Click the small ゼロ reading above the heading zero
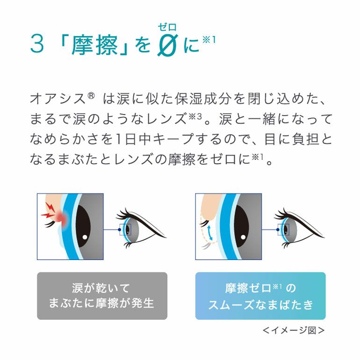click(x=167, y=27)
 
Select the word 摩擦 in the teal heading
click(x=94, y=45)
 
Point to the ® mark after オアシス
click(x=91, y=95)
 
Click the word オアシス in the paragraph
click(x=58, y=99)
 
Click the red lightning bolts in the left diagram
click(x=48, y=210)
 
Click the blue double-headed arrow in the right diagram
click(x=209, y=232)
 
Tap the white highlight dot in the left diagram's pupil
click(x=85, y=237)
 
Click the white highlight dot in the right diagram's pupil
click(x=243, y=237)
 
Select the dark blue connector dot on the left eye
click(x=119, y=230)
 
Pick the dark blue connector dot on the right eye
click(x=278, y=230)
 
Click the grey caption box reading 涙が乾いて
click(x=102, y=295)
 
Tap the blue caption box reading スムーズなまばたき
click(x=260, y=295)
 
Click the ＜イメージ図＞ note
click(x=294, y=331)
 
